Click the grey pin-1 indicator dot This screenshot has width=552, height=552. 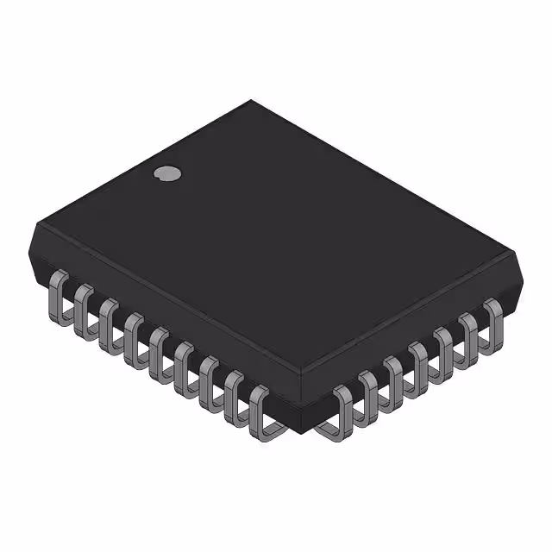click(x=168, y=172)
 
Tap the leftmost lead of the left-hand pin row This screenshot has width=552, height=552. click(x=60, y=293)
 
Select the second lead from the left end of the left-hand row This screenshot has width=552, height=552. click(x=84, y=307)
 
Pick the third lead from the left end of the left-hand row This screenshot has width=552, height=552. click(x=109, y=321)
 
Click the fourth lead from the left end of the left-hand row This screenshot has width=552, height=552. click(x=134, y=335)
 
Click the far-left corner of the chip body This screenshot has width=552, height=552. click(x=34, y=226)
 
